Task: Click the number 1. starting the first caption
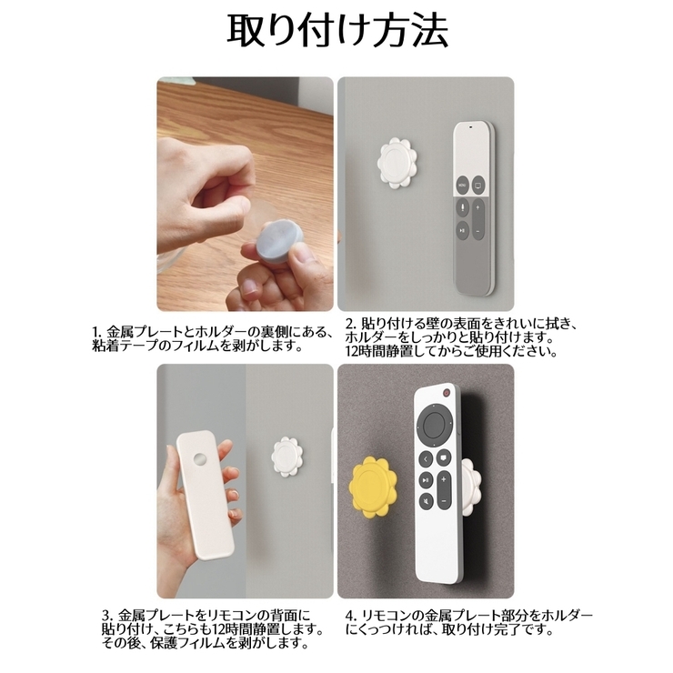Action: (x=97, y=331)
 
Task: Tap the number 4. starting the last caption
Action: (x=350, y=615)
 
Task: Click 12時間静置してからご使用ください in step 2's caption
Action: (x=450, y=351)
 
